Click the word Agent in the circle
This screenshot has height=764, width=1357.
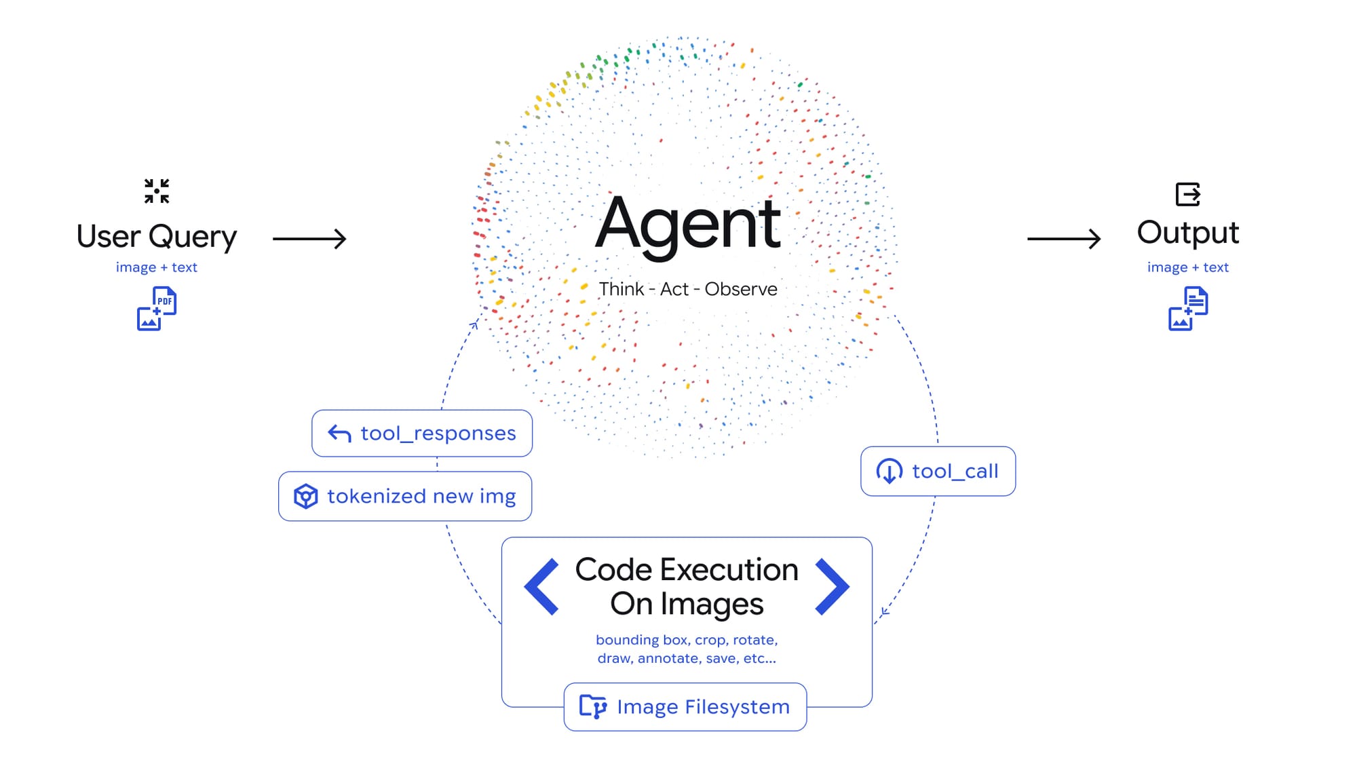[x=687, y=224]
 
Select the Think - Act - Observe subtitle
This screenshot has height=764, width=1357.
[x=687, y=289]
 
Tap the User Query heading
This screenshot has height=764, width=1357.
[x=157, y=237]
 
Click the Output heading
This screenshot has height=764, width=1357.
[x=1187, y=233]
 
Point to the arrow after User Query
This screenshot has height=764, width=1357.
[x=309, y=239]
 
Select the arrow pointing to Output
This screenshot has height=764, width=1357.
[x=1063, y=239]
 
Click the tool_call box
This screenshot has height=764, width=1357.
[x=938, y=471]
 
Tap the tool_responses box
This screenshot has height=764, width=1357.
[x=422, y=434]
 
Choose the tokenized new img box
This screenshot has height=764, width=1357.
[x=405, y=497]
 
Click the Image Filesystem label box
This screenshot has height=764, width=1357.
[x=685, y=707]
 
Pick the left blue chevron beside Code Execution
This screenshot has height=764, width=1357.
[x=542, y=587]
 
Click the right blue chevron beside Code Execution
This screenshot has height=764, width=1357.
[x=832, y=587]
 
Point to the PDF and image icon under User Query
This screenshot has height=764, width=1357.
[x=157, y=309]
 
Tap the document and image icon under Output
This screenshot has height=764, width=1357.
[x=1188, y=309]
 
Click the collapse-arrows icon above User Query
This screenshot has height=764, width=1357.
[x=157, y=191]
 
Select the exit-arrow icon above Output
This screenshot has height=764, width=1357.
[x=1188, y=195]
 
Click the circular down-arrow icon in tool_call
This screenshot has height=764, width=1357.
[x=889, y=471]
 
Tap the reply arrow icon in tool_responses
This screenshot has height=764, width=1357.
[x=339, y=434]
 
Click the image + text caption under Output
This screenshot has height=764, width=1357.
[x=1187, y=267]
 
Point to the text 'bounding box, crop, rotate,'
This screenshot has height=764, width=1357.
[x=687, y=640]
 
